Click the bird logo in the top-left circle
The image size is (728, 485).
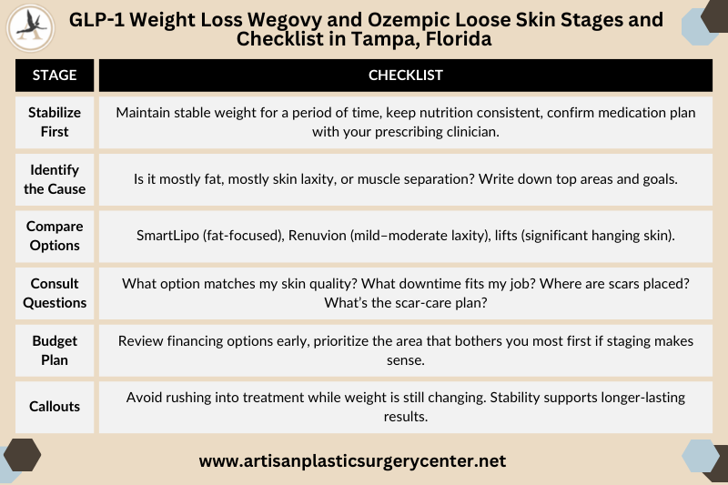click(30, 28)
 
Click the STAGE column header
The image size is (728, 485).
click(55, 76)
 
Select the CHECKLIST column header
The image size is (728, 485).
click(405, 76)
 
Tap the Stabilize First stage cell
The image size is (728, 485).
click(55, 122)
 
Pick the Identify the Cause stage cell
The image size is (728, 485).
click(55, 179)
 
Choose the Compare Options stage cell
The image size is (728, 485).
click(55, 236)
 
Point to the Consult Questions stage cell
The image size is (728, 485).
click(55, 293)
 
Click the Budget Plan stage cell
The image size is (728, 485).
click(55, 349)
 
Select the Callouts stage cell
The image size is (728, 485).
click(55, 406)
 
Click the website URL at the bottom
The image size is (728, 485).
click(352, 461)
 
